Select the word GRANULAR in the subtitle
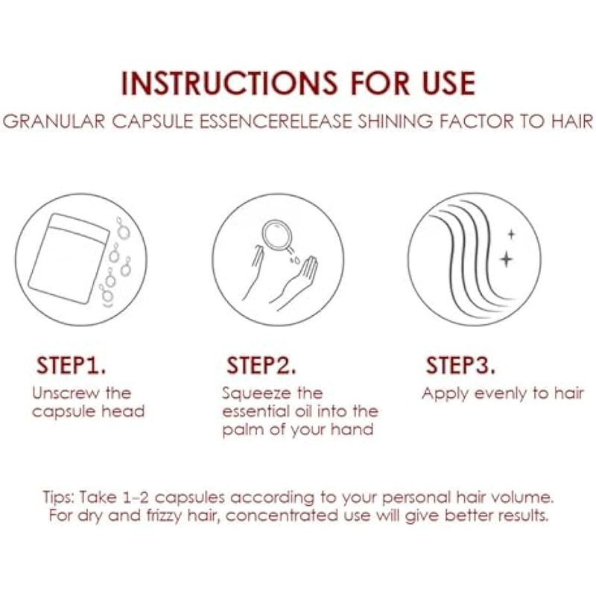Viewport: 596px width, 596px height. coord(54,121)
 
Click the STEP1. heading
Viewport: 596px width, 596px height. coord(71,365)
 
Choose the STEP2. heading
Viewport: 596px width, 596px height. coord(261,365)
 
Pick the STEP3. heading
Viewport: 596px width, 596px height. coord(460,365)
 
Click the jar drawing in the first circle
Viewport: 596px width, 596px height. coord(69,259)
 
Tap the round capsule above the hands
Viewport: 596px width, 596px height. coord(276,235)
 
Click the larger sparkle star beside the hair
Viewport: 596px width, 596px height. coord(506,259)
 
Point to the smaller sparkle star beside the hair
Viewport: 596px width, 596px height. coord(511,235)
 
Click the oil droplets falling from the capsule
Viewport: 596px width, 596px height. coord(294,259)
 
